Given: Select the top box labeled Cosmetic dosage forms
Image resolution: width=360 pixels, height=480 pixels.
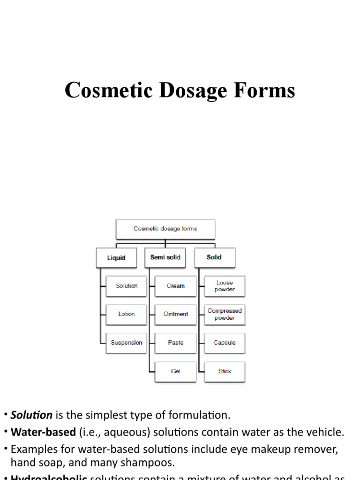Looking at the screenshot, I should tap(165, 229).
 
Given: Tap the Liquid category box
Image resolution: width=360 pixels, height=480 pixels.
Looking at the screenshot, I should tap(116, 258).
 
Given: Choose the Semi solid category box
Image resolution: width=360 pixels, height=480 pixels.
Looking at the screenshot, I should tap(165, 257).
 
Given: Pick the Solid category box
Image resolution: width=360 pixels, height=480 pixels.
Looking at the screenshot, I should tap(214, 257).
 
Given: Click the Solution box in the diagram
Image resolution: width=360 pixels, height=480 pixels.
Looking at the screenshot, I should tap(126, 286).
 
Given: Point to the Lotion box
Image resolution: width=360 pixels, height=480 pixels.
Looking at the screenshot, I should tap(126, 314).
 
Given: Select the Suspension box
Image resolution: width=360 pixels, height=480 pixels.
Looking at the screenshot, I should tap(126, 343).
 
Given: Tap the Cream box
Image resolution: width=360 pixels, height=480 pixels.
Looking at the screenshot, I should tap(176, 286).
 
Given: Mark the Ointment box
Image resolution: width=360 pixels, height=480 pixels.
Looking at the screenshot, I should tap(176, 314).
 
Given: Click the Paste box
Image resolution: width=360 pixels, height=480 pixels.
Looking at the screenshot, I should tap(176, 343).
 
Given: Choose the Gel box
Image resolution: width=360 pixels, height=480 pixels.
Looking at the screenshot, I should tap(176, 371).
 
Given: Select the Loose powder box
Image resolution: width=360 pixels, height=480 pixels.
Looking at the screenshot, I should tap(225, 286).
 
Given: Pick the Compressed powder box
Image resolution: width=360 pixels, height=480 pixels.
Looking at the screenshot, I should tap(225, 314).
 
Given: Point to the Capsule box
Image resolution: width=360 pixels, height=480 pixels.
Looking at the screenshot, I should tap(225, 343).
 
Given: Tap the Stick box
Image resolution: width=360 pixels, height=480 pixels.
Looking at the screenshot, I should tap(225, 371).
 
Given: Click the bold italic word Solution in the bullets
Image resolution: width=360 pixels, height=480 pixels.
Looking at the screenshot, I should tap(32, 415).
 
